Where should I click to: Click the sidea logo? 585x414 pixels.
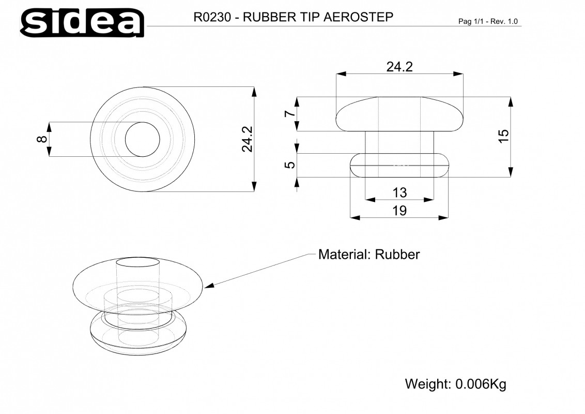click(x=82, y=22)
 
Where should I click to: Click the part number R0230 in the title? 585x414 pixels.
click(x=212, y=17)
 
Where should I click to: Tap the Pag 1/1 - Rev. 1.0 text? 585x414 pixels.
click(x=488, y=21)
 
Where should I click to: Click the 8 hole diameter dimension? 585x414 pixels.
click(x=42, y=139)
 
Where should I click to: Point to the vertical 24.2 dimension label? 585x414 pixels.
click(x=248, y=139)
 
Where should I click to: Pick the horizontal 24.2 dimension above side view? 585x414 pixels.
click(x=399, y=67)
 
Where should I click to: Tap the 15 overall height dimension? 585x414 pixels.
click(x=503, y=136)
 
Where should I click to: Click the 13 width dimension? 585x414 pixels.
click(x=399, y=193)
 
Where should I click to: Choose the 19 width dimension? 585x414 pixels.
click(x=399, y=211)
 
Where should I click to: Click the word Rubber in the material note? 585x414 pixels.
click(x=397, y=255)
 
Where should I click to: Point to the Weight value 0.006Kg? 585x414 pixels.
click(x=481, y=384)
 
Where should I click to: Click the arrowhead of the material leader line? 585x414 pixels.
click(x=209, y=285)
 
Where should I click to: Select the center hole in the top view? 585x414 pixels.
click(x=143, y=139)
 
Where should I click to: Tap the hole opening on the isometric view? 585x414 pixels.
click(x=137, y=261)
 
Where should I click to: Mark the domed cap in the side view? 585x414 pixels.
click(x=399, y=114)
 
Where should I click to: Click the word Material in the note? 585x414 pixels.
click(x=343, y=255)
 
